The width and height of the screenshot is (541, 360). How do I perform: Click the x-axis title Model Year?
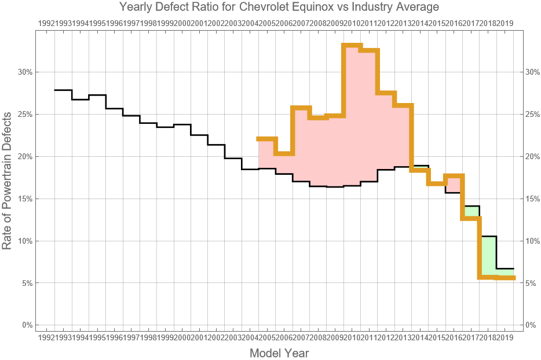click(279, 352)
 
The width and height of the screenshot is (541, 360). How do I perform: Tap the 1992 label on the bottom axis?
click(46, 337)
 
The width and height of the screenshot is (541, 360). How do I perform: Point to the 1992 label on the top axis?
click(46, 23)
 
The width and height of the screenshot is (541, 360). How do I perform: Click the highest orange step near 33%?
click(352, 45)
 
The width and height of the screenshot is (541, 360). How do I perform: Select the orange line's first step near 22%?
click(267, 139)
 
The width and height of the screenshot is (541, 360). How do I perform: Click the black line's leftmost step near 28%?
click(63, 90)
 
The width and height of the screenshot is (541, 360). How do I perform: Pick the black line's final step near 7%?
click(505, 269)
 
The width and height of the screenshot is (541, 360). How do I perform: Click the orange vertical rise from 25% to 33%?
click(344, 80)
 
